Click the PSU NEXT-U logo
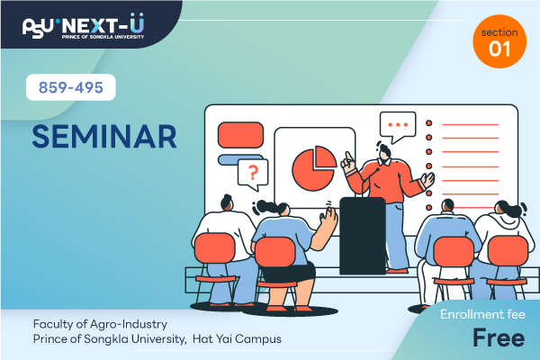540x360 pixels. (84, 26)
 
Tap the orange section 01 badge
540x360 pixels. (499, 41)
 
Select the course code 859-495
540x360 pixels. (70, 87)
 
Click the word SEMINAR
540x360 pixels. (104, 137)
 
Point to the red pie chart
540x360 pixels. (314, 168)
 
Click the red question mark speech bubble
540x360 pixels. (253, 174)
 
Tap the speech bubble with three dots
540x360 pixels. (398, 126)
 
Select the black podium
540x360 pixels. (363, 236)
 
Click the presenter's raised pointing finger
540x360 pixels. (348, 157)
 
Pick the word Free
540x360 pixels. (499, 337)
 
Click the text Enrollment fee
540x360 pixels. (482, 314)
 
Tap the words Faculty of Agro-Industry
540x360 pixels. (100, 324)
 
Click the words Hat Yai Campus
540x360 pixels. (237, 339)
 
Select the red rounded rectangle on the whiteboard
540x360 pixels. (240, 135)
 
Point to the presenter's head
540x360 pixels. (384, 153)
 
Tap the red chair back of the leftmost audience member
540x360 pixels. (214, 248)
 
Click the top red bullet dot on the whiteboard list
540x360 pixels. (428, 123)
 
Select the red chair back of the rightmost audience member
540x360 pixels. (508, 251)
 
